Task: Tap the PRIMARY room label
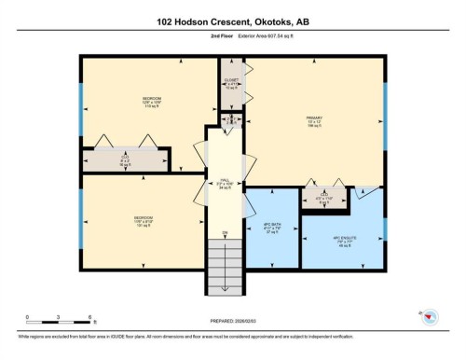click(314, 120)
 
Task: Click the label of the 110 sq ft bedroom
click(151, 101)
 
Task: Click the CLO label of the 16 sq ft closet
click(126, 159)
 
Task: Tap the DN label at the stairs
click(225, 232)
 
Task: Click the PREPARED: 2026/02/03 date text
click(233, 323)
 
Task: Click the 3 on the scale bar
click(59, 318)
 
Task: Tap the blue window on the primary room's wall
click(385, 103)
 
